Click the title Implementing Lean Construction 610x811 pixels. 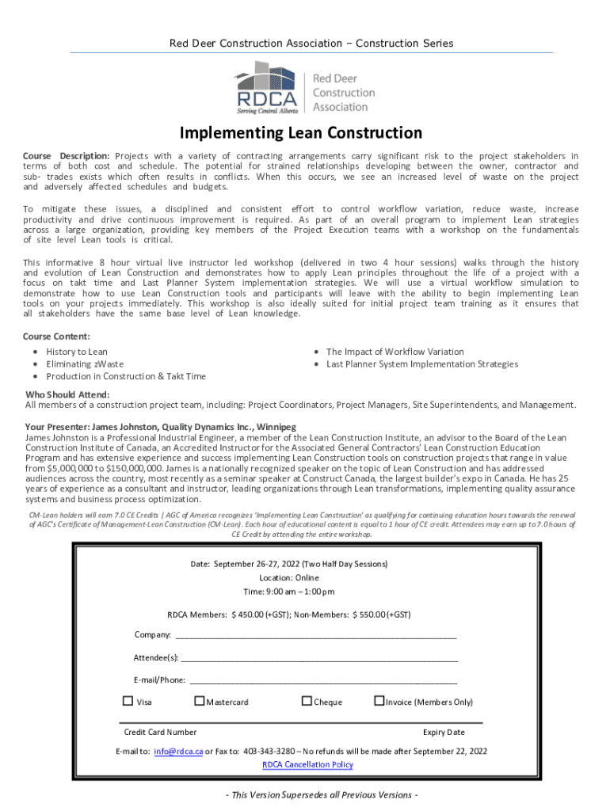click(300, 132)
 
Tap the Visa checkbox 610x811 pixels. click(128, 701)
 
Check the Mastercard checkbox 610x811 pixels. click(200, 701)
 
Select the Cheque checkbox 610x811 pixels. click(307, 701)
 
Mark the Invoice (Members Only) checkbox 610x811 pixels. click(379, 701)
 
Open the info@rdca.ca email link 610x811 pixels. click(178, 751)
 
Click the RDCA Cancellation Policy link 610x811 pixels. click(307, 764)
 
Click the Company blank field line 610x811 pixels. click(315, 634)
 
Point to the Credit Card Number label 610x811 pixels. click(160, 732)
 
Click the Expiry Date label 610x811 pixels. click(444, 732)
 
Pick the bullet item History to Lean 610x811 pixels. click(77, 351)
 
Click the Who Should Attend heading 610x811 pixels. click(67, 394)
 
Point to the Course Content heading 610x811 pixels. click(56, 336)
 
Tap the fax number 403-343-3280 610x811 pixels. click(269, 751)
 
